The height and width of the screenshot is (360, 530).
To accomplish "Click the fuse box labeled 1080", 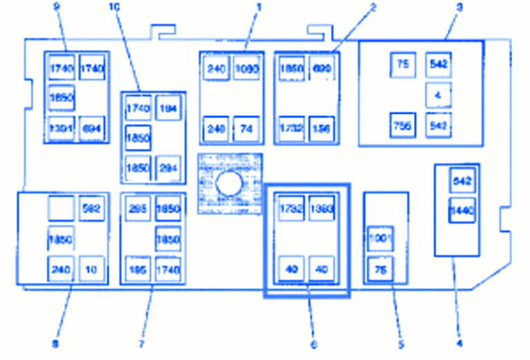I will (x=246, y=69).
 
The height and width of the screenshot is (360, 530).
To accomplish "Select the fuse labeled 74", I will (x=246, y=128).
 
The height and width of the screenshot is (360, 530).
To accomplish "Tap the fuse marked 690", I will (x=322, y=69).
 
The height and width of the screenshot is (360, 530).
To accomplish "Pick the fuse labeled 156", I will (x=322, y=128).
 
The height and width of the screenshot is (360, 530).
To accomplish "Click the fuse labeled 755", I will (x=402, y=125).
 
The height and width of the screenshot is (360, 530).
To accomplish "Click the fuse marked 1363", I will (x=321, y=209).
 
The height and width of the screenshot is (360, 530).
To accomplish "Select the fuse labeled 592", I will (x=91, y=208).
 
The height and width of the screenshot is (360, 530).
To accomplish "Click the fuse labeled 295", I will (x=138, y=208).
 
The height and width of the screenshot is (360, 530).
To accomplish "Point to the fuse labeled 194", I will (x=168, y=108).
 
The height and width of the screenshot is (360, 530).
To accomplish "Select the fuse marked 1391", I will (x=61, y=128).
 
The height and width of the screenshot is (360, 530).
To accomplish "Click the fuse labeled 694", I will (x=91, y=128).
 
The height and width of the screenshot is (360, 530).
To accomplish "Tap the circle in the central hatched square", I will (x=227, y=183).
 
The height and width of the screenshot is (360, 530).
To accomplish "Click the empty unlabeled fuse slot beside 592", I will (x=61, y=208).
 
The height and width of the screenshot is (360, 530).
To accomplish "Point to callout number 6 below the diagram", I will (x=314, y=345).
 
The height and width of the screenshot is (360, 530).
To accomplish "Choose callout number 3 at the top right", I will (x=459, y=8).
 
